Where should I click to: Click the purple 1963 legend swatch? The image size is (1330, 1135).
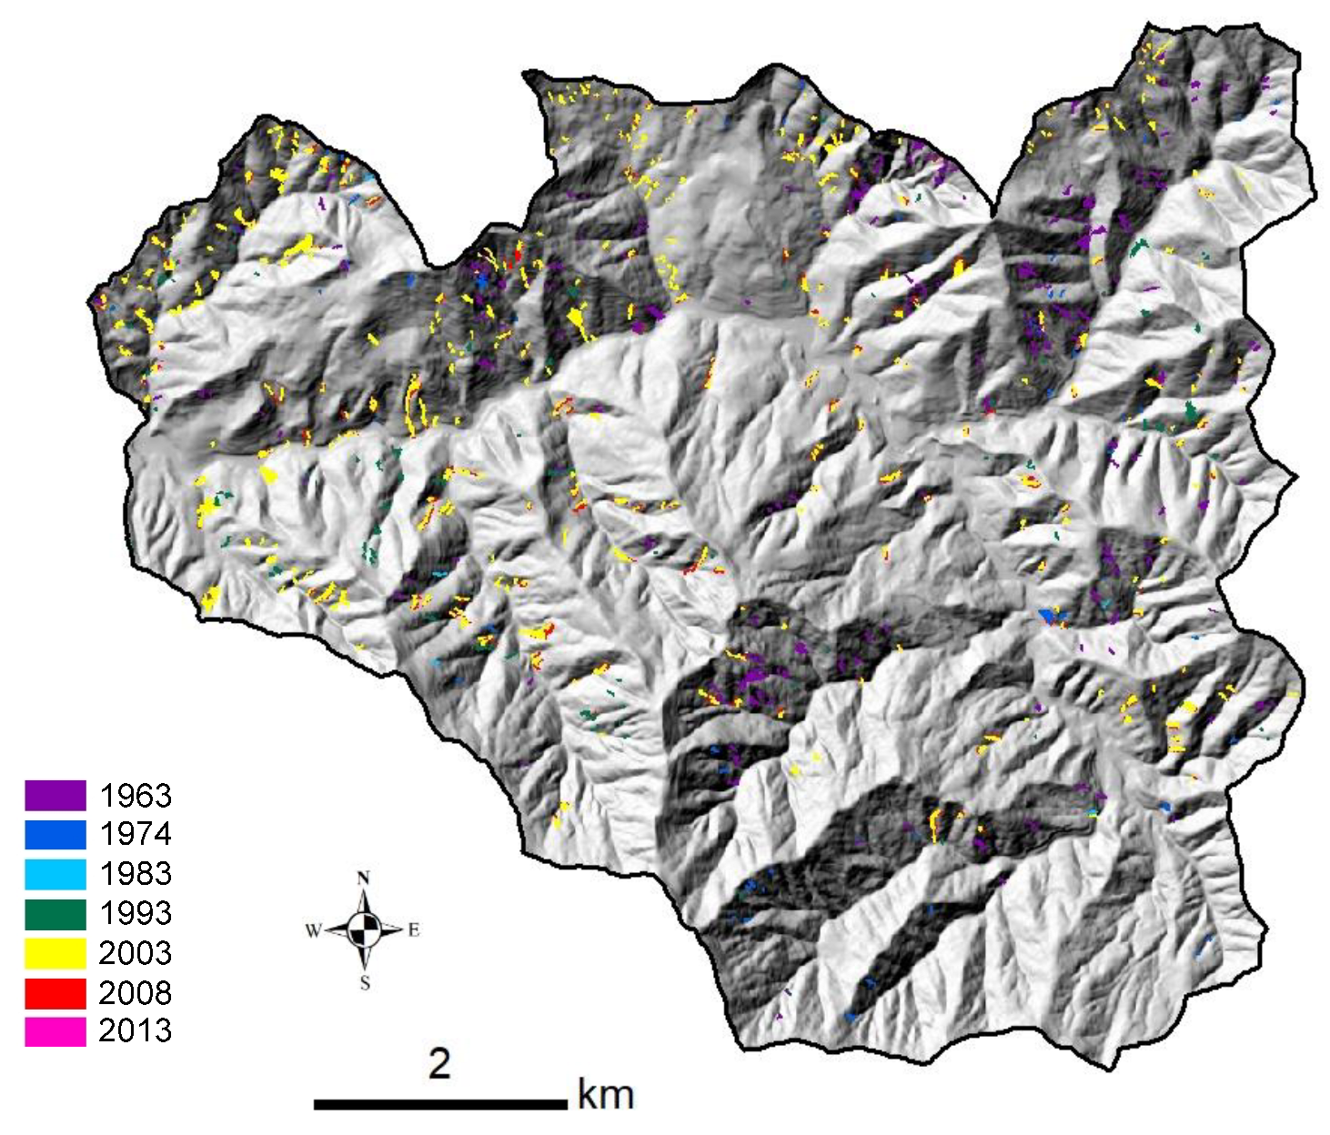click(x=55, y=795)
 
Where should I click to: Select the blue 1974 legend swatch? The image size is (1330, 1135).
click(x=55, y=834)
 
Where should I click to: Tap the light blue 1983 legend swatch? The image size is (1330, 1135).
click(x=55, y=874)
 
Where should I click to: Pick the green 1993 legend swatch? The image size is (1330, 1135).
click(x=55, y=913)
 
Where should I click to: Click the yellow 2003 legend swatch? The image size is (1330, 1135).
click(x=55, y=952)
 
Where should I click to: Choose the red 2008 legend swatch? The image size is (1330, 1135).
click(x=55, y=992)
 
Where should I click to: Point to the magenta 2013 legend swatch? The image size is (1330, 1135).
click(x=55, y=1031)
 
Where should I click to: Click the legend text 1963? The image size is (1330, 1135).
click(x=136, y=796)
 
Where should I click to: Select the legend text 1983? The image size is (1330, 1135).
click(x=136, y=874)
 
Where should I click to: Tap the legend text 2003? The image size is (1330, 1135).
click(x=136, y=953)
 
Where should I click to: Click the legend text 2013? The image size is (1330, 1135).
click(x=136, y=1030)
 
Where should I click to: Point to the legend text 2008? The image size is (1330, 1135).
click(x=136, y=992)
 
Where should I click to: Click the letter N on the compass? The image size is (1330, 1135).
click(x=364, y=879)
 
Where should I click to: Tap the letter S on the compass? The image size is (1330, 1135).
click(x=365, y=983)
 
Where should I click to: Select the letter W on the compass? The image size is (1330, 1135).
click(x=313, y=930)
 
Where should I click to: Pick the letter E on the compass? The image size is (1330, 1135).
click(x=414, y=930)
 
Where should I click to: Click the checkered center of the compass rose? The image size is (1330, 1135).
click(x=365, y=929)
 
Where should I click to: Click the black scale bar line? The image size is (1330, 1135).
click(x=440, y=1104)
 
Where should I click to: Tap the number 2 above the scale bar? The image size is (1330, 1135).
click(x=440, y=1063)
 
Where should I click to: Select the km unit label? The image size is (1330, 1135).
click(x=606, y=1095)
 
